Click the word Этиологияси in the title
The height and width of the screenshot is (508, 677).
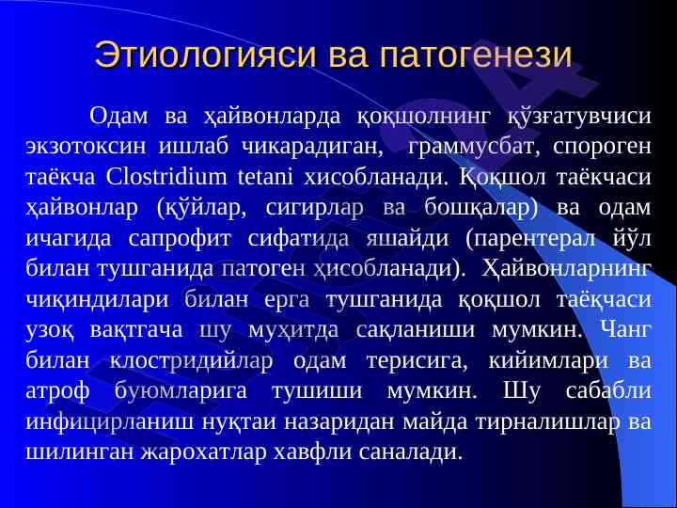coord(206,55)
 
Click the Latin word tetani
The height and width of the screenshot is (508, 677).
coord(264,178)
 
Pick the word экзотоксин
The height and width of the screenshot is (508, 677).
coord(86,148)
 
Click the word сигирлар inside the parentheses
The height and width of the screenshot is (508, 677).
coord(314,209)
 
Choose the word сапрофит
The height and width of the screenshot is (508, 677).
coord(180,239)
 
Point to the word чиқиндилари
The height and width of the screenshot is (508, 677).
coord(97,300)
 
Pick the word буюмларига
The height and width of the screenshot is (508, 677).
coord(181,391)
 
